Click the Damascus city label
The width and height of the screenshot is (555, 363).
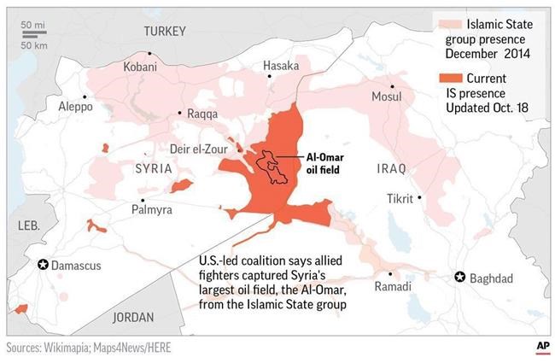[x=76, y=266]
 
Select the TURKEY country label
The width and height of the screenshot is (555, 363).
[x=164, y=32]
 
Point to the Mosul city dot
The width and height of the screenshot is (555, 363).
[x=392, y=86]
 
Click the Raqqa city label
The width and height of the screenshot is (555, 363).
[x=203, y=114]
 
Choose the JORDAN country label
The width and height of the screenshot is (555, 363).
[x=133, y=317]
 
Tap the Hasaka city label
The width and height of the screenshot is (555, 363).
[x=281, y=65]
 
